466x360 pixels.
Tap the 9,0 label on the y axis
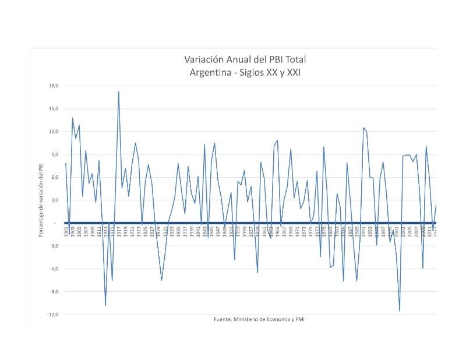pos(54,154)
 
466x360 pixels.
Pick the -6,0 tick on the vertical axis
pos(53,269)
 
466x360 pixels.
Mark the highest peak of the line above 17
pos(119,91)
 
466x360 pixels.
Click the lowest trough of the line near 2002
pos(400,310)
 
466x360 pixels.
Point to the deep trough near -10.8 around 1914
pos(105,305)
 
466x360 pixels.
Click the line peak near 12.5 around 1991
pos(363,128)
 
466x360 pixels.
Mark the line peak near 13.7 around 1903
pos(73,118)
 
